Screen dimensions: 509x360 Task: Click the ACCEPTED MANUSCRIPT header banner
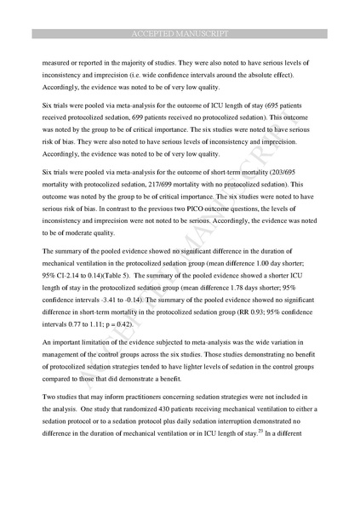click(180, 33)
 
